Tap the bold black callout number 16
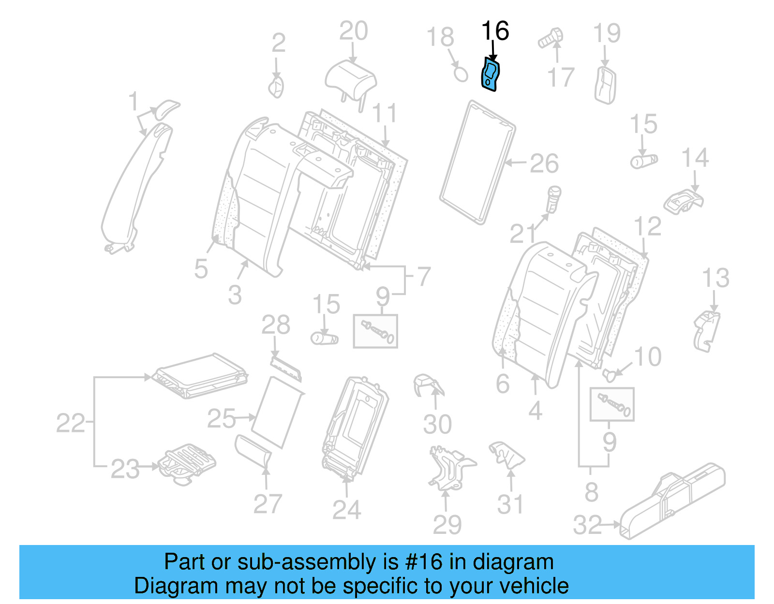[x=495, y=31]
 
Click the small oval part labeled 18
[x=461, y=74]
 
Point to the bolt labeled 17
[x=551, y=38]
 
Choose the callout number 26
[x=544, y=163]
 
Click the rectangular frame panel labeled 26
[x=477, y=162]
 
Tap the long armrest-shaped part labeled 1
[x=135, y=189]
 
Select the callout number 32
[x=587, y=525]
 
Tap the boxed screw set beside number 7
[x=375, y=331]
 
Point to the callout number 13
[x=715, y=278]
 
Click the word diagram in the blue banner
[x=513, y=562]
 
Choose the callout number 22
[x=71, y=423]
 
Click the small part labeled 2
[x=277, y=88]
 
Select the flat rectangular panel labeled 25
[x=277, y=412]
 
